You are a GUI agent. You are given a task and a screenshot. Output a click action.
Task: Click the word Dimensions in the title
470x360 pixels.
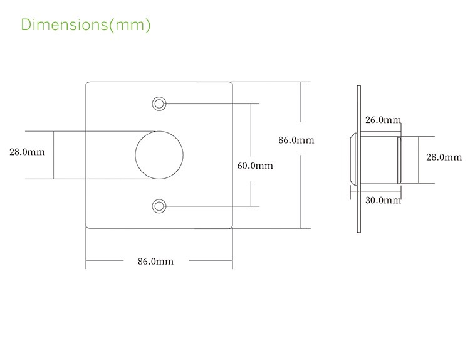click(x=64, y=24)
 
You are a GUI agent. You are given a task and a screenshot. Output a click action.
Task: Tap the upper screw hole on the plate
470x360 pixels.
click(x=159, y=104)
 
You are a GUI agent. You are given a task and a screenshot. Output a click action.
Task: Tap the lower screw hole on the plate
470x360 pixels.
click(x=159, y=206)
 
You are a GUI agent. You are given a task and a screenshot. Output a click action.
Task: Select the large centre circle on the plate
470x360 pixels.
click(x=135, y=155)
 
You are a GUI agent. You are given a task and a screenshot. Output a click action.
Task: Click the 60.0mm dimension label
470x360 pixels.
click(x=255, y=166)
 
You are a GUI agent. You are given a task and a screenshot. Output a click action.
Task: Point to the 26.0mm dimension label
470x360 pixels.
click(x=383, y=120)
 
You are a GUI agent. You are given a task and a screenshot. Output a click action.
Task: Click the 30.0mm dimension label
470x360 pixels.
click(x=383, y=200)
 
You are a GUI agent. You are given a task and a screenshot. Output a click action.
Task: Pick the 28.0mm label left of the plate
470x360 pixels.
click(x=28, y=152)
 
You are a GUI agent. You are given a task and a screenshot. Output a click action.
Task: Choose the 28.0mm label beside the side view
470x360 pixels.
click(x=444, y=157)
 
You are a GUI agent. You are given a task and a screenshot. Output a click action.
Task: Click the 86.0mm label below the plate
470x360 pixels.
click(x=155, y=262)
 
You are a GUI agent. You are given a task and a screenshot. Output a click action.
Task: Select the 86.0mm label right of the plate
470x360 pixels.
click(x=296, y=140)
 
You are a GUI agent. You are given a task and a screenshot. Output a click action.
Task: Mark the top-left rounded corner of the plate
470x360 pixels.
click(x=87, y=83)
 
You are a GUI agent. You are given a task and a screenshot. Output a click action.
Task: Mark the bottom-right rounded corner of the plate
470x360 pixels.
click(x=231, y=227)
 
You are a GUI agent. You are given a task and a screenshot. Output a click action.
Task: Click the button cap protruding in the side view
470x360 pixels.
click(x=353, y=160)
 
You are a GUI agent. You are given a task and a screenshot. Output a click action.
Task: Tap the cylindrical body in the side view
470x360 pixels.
click(x=379, y=160)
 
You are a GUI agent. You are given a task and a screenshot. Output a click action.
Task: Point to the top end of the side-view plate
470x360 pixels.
click(x=359, y=86)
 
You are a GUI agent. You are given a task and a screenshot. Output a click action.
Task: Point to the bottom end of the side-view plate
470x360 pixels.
click(x=359, y=232)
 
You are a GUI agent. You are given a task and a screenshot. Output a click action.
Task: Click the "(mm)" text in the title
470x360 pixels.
click(x=130, y=24)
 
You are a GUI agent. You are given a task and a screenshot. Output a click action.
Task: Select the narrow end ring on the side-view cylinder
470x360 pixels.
click(x=399, y=160)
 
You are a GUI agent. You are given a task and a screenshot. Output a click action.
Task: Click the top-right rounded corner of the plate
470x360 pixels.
click(x=231, y=83)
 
